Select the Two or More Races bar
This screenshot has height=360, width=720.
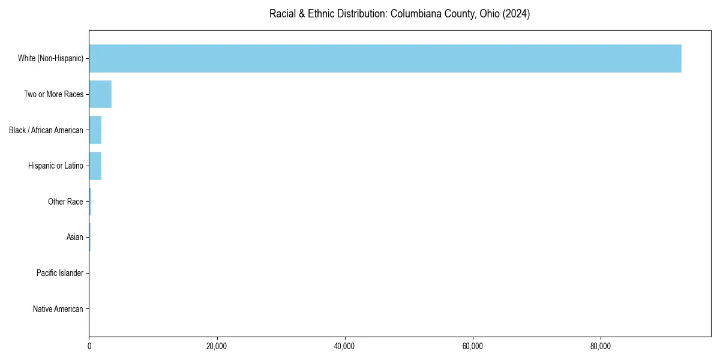tap(100, 94)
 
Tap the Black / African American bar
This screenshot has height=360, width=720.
tap(95, 130)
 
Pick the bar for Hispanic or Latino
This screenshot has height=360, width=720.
tap(95, 166)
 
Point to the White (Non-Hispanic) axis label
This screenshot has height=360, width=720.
tap(50, 58)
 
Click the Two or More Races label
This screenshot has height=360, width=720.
tap(53, 94)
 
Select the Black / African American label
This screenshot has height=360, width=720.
tap(46, 130)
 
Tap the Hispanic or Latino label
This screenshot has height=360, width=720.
tap(56, 166)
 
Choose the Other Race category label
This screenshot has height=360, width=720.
tap(65, 202)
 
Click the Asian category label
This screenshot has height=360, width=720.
tap(75, 238)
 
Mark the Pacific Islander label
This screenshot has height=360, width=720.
tap(60, 273)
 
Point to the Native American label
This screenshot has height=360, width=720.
tap(58, 309)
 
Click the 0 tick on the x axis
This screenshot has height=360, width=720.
tap(89, 346)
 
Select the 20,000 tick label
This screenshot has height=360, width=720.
tap(217, 346)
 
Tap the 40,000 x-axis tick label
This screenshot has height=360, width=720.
tap(344, 346)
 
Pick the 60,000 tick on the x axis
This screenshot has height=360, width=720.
tap(473, 346)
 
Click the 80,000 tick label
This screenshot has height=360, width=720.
tap(601, 346)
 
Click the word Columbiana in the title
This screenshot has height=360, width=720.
tap(414, 14)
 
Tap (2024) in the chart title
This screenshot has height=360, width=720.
tap(516, 14)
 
